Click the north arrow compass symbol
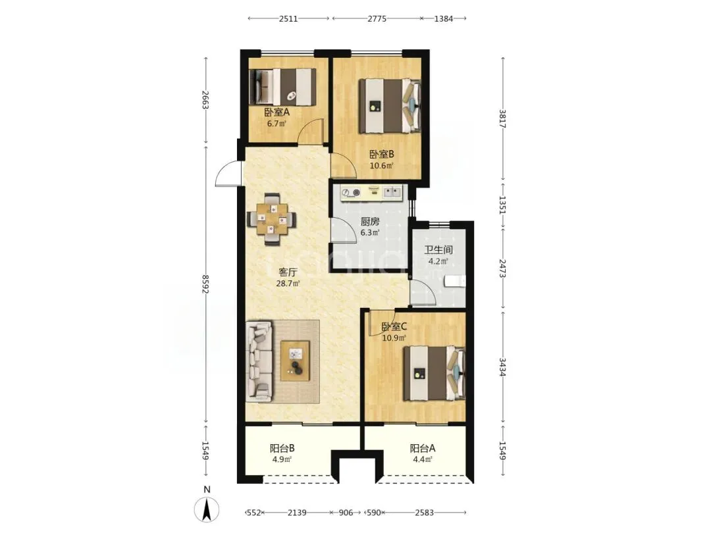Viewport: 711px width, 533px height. [207, 509]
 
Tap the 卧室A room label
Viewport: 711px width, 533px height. [277, 112]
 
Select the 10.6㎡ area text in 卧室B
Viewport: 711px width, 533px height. [381, 165]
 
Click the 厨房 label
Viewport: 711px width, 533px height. [369, 222]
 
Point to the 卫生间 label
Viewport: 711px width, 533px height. [438, 250]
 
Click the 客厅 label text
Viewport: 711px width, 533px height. [288, 272]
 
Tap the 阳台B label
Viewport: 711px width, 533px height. [282, 448]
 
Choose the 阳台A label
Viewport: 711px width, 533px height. [423, 448]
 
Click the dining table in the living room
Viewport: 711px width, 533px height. [272, 219]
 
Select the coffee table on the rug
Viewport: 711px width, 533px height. [295, 361]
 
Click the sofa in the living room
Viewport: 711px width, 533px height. [259, 361]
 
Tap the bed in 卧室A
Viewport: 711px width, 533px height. [282, 87]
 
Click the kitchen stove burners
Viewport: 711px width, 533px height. [350, 193]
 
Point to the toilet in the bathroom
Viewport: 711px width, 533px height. [456, 281]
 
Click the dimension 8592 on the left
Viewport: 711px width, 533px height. [205, 284]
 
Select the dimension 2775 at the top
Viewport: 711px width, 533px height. [377, 18]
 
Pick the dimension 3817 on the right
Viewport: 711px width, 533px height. [502, 118]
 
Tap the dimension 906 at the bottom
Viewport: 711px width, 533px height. [346, 513]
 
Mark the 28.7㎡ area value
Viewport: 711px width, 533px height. [288, 284]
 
